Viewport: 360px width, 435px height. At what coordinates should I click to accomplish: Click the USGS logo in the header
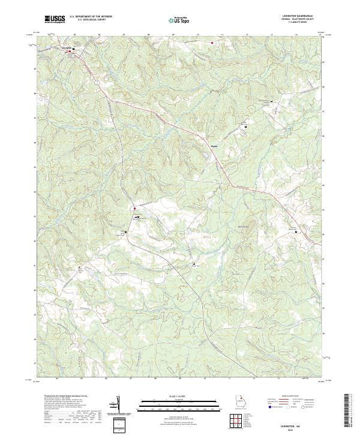pos(55,19)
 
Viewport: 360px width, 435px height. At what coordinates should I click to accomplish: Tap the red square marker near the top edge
pos(211,43)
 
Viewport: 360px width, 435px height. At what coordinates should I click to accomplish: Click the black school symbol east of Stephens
pos(245,127)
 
